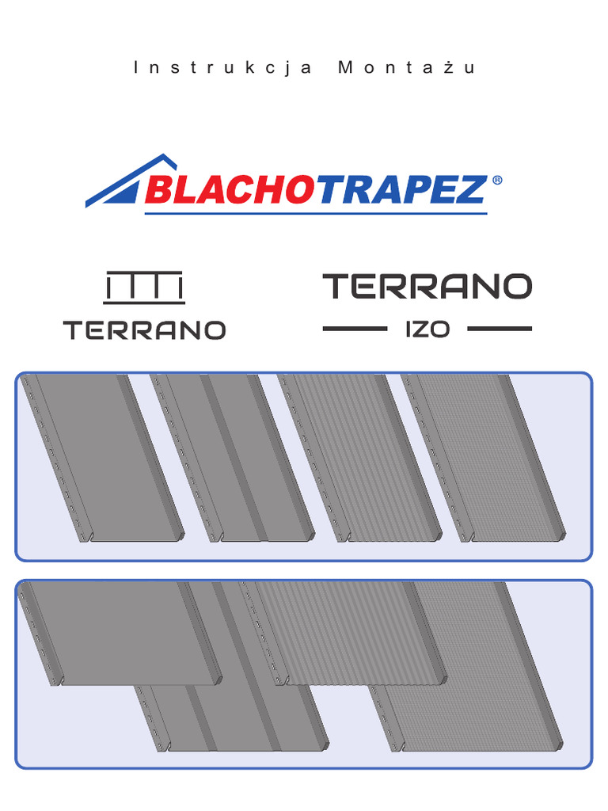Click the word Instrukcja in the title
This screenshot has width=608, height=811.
[x=224, y=68]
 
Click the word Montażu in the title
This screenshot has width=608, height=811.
[x=407, y=68]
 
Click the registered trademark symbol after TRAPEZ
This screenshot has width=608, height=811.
[x=496, y=181]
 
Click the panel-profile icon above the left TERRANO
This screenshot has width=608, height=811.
[x=145, y=288]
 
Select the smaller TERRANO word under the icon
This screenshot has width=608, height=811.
[x=145, y=330]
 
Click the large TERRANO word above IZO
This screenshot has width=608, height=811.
[x=427, y=287]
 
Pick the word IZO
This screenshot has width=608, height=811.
[x=427, y=329]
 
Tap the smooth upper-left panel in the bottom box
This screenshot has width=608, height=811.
[x=119, y=630]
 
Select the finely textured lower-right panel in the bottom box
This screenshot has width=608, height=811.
[x=475, y=697]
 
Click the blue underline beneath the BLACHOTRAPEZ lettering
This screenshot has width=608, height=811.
[x=317, y=212]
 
